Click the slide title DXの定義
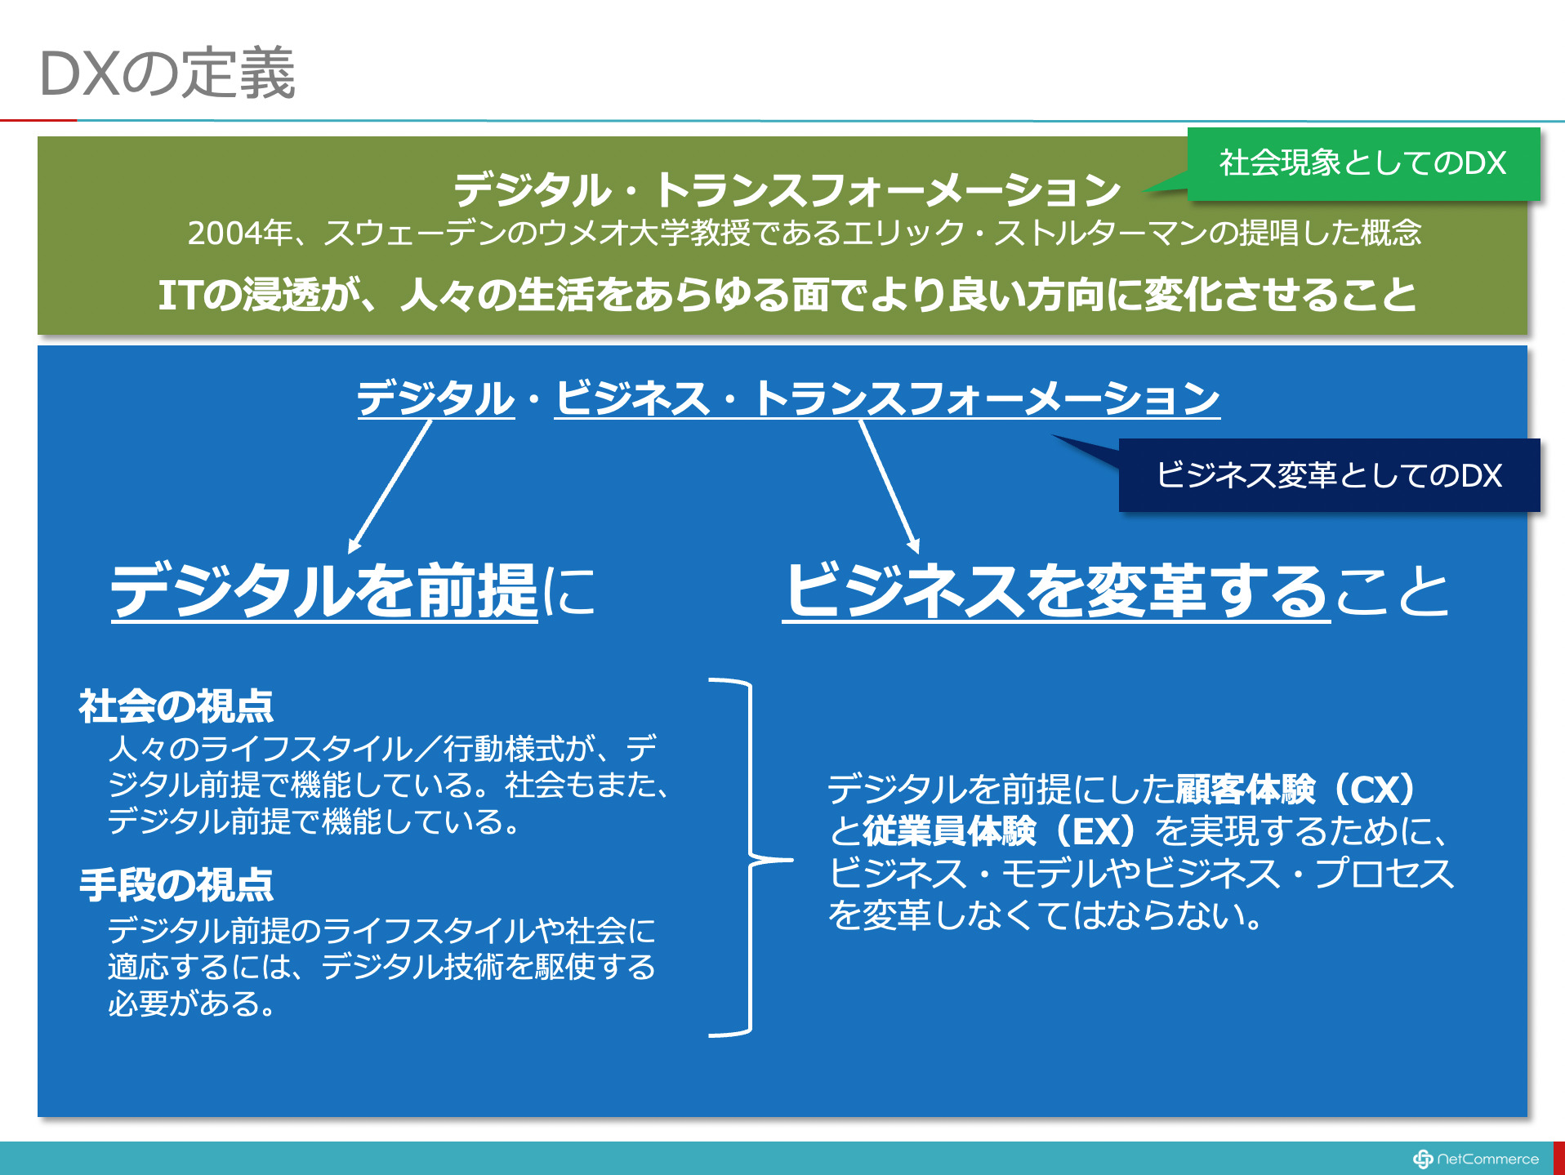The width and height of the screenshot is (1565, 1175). (167, 73)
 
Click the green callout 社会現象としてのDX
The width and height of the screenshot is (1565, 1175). (1363, 163)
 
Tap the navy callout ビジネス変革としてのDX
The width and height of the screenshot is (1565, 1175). (1329, 475)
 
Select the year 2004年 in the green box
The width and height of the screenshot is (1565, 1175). (239, 233)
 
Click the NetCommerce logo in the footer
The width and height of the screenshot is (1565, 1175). (1475, 1159)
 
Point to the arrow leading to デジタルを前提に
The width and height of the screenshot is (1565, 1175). (390, 487)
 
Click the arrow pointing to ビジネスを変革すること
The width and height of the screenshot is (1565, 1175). (890, 487)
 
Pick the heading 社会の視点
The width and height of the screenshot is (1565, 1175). (176, 706)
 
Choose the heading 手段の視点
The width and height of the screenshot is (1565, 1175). (176, 885)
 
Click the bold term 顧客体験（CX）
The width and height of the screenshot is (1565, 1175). (1296, 789)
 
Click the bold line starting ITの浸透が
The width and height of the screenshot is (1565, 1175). (787, 295)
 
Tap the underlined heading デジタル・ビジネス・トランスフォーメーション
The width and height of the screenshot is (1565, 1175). (788, 398)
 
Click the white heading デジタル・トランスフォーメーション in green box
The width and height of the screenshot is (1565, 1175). (787, 189)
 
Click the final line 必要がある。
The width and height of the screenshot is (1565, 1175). (193, 1004)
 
